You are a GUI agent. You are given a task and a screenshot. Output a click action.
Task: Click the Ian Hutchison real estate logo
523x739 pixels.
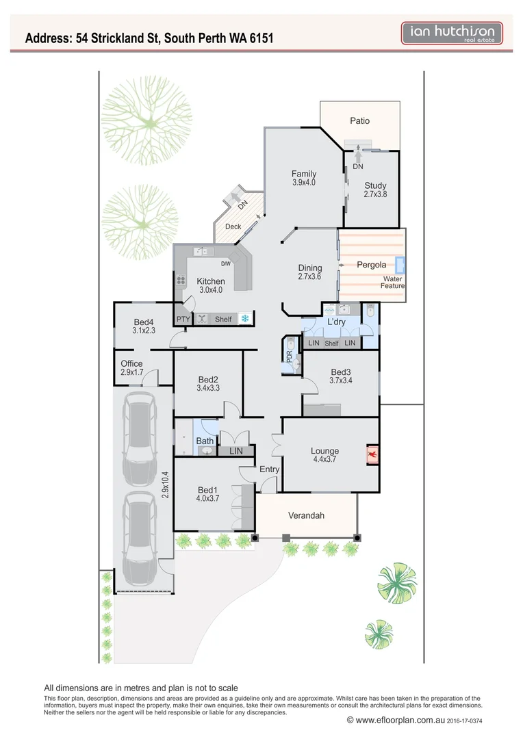pos(452,34)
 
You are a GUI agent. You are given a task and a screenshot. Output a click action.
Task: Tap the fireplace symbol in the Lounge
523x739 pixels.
pos(372,454)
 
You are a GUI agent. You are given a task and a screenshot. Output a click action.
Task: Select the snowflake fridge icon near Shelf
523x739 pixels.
pos(244,319)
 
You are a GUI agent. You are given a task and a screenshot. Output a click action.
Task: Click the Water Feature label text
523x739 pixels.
pos(393,282)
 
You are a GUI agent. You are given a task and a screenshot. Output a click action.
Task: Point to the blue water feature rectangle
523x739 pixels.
pos(400,265)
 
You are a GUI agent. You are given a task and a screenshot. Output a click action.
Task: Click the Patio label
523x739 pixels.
pos(359,121)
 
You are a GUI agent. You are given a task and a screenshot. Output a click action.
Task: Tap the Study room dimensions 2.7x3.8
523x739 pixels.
pos(375,194)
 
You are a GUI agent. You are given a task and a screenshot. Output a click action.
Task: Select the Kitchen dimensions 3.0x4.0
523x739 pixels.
pos(210,290)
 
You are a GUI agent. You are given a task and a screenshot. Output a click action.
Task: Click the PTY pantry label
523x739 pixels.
pos(183,319)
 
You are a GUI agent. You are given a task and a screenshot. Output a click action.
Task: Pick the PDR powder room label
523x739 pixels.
pos(290,356)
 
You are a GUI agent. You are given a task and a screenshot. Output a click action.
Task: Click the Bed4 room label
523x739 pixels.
pos(143,322)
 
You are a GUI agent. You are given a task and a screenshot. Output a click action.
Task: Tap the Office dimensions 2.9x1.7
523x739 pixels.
pos(131,372)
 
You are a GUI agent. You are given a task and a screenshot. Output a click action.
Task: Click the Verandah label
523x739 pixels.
pos(305,515)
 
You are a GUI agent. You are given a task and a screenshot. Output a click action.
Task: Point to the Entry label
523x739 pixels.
pos(269,469)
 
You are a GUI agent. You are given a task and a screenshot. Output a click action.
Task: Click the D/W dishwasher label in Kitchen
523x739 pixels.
pos(225,264)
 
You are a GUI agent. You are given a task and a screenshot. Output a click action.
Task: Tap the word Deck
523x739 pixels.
pos(233,226)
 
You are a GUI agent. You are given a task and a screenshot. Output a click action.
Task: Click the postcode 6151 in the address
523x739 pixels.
pos(259,38)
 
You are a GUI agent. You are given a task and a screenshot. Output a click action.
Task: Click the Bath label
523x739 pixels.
pos(205,441)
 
